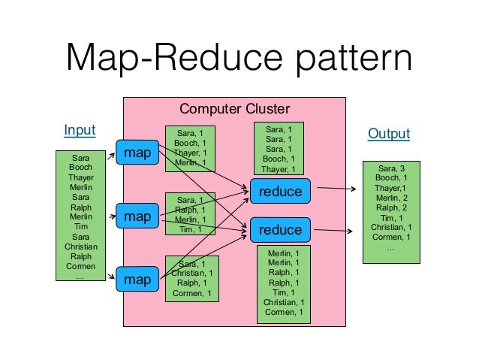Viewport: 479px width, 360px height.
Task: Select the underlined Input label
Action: click(80, 130)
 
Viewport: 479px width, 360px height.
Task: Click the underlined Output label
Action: click(388, 134)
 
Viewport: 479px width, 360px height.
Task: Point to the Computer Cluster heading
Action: click(234, 109)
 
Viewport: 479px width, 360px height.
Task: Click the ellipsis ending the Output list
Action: click(390, 247)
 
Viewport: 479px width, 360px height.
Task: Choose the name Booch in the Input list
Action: click(80, 168)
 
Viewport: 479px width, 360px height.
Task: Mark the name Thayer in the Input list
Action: click(80, 177)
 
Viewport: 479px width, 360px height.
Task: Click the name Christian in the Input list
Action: click(80, 246)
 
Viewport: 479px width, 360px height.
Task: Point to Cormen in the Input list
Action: click(80, 265)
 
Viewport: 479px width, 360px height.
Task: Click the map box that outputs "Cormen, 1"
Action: click(137, 280)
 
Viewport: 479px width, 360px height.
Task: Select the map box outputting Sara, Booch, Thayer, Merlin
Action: click(137, 153)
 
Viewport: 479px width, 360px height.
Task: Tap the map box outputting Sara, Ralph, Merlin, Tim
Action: click(137, 216)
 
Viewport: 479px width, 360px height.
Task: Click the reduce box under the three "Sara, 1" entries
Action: click(280, 192)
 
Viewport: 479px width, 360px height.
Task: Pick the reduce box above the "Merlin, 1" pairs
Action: click(280, 230)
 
